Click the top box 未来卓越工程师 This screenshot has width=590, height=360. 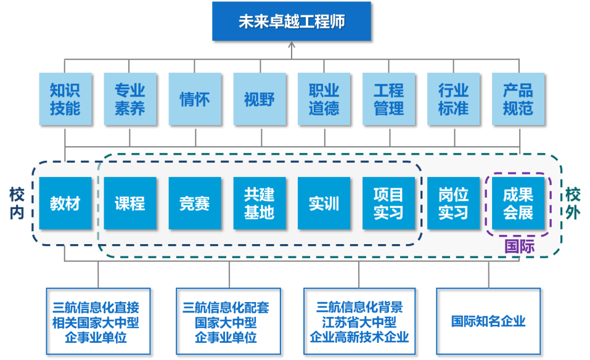click(292, 22)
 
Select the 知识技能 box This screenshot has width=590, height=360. click(65, 99)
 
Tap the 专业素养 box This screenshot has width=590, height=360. click(130, 99)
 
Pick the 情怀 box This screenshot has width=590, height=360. click(195, 99)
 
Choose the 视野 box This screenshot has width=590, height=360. click(260, 99)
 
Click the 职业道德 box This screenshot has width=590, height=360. click(324, 99)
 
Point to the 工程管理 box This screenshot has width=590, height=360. click(389, 99)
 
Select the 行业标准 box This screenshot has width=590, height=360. click(454, 99)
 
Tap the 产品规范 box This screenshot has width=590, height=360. click(518, 99)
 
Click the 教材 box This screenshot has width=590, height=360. click(65, 203)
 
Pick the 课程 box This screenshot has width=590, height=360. click(130, 203)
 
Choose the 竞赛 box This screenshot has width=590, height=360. click(195, 203)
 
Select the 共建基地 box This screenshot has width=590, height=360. click(260, 203)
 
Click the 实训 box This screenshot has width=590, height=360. click(324, 203)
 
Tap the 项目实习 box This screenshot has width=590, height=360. click(389, 203)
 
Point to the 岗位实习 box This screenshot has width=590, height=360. click(454, 203)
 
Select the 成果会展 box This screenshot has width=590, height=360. click(518, 203)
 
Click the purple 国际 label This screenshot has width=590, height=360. click(519, 247)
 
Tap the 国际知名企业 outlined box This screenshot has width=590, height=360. click(488, 321)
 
